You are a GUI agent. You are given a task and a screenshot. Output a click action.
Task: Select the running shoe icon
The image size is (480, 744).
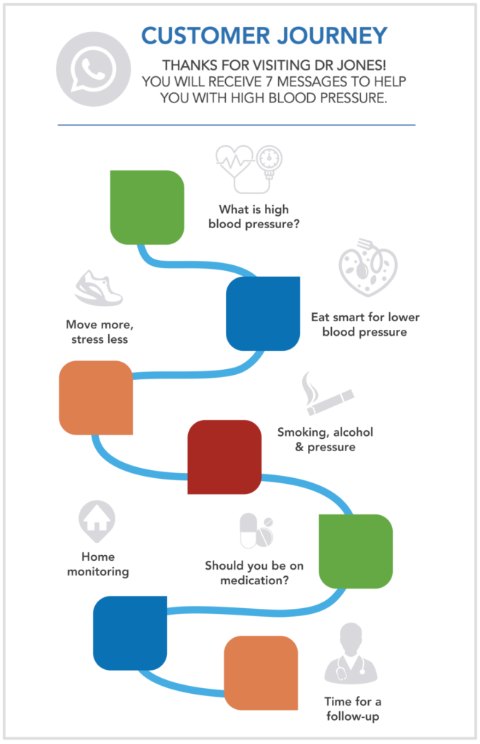click(99, 288)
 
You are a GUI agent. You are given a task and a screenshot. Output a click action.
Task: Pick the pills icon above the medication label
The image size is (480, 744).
click(256, 531)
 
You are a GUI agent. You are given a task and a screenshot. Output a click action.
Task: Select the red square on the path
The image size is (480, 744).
click(224, 457)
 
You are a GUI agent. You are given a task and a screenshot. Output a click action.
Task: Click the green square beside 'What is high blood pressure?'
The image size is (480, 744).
click(147, 207)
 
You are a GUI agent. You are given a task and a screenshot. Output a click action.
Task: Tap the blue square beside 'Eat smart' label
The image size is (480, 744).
click(263, 313)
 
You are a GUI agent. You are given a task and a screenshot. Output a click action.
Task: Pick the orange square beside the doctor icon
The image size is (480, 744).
click(261, 672)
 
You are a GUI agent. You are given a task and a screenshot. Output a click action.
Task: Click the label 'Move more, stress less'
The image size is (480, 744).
click(99, 331)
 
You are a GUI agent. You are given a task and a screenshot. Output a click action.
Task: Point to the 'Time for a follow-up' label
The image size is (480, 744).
click(353, 709)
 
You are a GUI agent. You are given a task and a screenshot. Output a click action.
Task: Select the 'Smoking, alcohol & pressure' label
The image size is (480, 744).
click(325, 440)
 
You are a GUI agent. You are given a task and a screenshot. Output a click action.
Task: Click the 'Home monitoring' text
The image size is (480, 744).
click(98, 565)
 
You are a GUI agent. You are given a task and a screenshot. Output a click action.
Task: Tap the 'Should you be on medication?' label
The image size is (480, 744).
click(254, 573)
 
